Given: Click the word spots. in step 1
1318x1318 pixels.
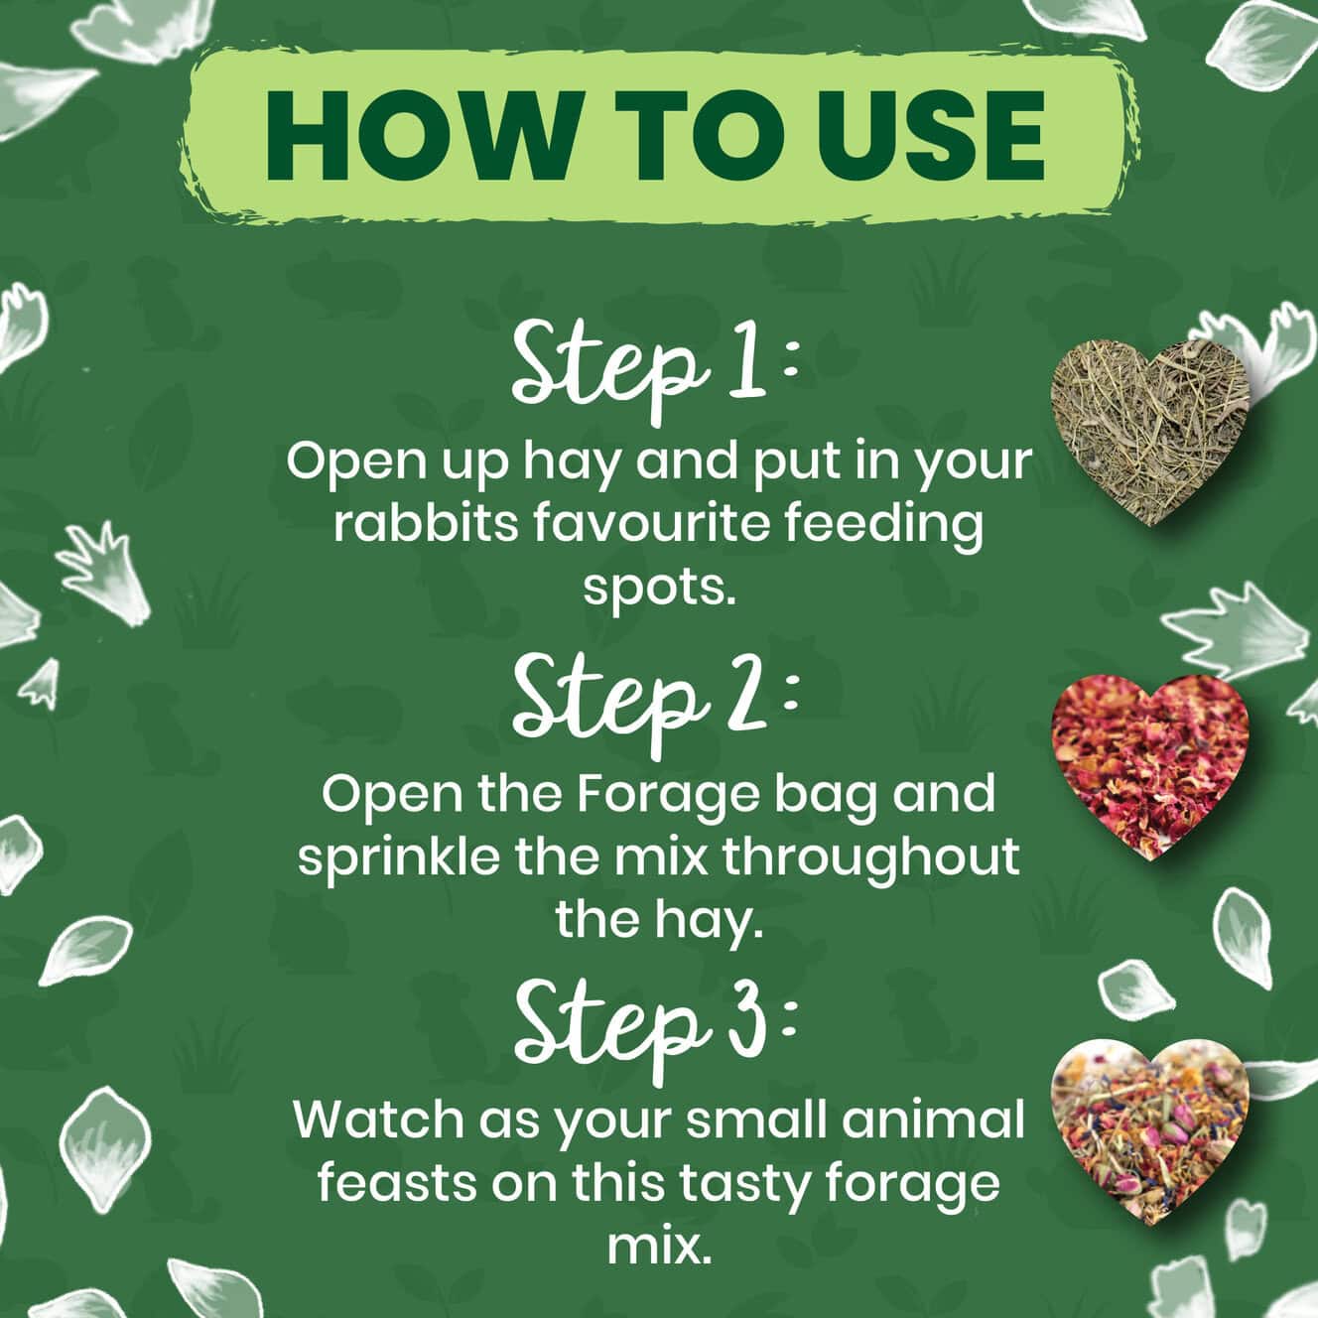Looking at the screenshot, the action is point(659,590).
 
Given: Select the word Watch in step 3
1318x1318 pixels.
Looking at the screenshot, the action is point(377,1120).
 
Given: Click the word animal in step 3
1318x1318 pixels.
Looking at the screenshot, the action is point(930,1120).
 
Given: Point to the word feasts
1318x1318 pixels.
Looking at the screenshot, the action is point(397,1184).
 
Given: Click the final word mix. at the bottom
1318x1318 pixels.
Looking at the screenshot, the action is point(656,1248).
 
